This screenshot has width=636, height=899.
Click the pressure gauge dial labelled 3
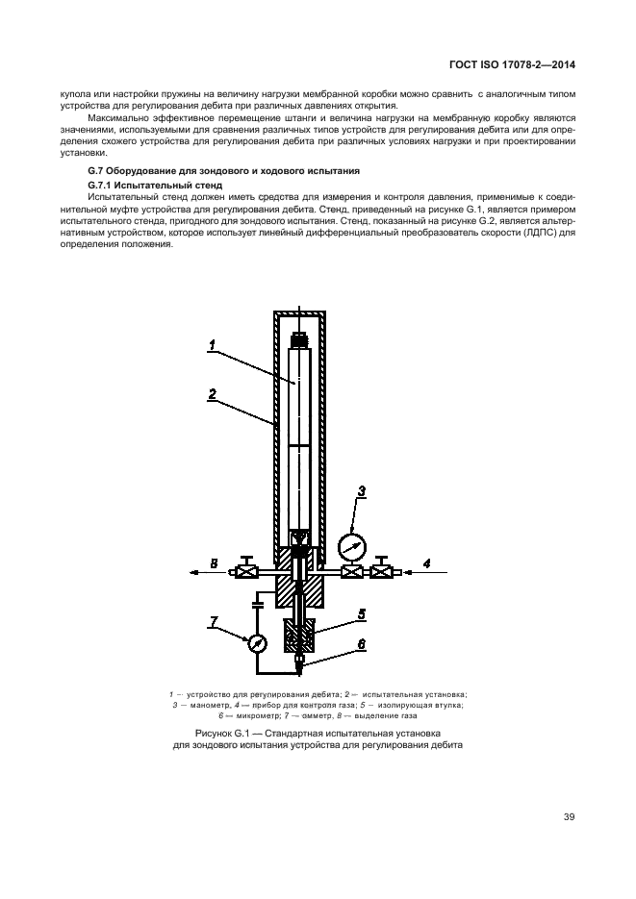coord(352,547)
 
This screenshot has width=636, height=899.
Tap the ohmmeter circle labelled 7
coord(257,643)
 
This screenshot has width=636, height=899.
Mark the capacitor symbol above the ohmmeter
coord(257,605)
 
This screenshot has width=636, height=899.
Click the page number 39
coord(569,818)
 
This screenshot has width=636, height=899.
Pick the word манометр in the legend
coord(206,705)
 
